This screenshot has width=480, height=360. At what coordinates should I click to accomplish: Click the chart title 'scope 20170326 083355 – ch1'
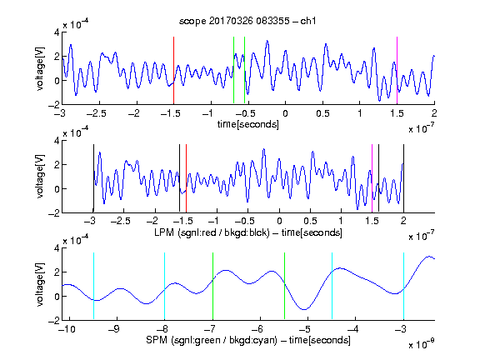click(x=247, y=21)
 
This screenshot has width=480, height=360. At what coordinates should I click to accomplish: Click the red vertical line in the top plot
click(x=173, y=70)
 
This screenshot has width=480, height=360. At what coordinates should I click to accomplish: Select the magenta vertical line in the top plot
click(x=397, y=70)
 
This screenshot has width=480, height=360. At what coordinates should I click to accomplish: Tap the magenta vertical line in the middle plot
click(x=372, y=178)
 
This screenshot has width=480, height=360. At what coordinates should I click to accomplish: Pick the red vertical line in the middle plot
click(x=186, y=178)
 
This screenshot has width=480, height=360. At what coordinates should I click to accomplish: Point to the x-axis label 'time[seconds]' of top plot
click(x=248, y=124)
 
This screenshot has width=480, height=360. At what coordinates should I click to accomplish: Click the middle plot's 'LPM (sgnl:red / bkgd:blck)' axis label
click(x=212, y=232)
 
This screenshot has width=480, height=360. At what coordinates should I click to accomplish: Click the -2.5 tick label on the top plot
click(x=97, y=113)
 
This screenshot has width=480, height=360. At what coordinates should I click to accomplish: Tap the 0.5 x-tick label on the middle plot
click(x=310, y=221)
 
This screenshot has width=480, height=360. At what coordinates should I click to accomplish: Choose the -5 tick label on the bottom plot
click(x=304, y=329)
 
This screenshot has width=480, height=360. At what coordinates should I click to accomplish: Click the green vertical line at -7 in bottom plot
click(x=212, y=286)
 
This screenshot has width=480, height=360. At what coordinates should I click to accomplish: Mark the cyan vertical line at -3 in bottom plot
click(x=403, y=286)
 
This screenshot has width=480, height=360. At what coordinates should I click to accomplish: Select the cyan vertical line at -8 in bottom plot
click(x=164, y=286)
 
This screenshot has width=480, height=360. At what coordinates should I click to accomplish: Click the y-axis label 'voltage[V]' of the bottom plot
click(x=40, y=284)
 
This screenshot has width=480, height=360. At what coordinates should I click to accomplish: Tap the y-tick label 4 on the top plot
click(x=57, y=32)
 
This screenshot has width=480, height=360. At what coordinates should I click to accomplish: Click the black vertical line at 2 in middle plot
click(x=403, y=178)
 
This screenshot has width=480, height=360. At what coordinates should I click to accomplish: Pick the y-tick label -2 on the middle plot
click(x=54, y=213)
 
